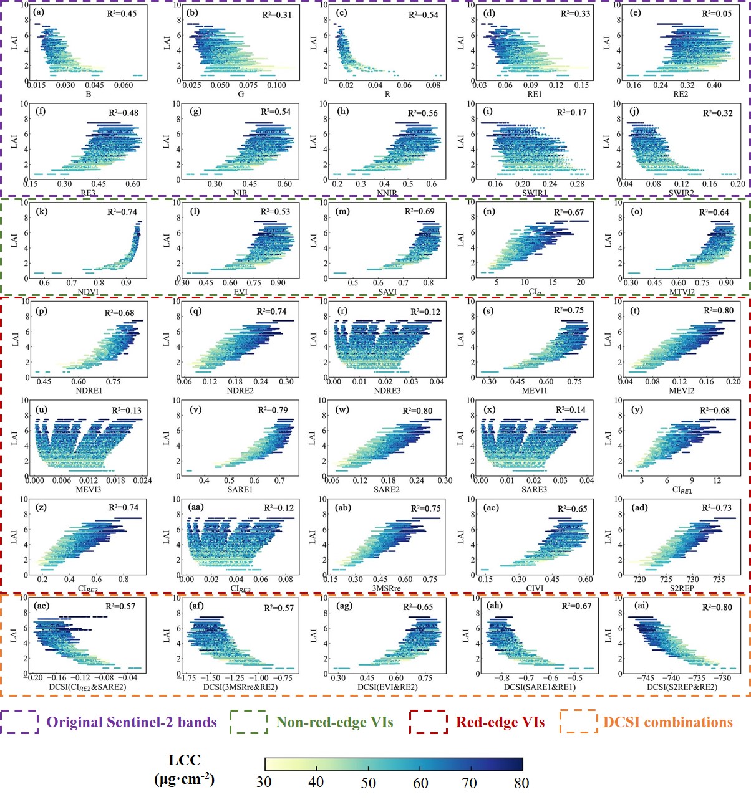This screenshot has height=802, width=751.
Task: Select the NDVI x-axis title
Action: pos(88,292)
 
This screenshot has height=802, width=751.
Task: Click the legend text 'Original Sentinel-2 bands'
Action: pos(132,723)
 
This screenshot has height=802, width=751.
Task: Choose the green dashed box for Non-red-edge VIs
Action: pos(248,723)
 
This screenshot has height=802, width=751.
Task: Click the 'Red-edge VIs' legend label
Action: pos(500,723)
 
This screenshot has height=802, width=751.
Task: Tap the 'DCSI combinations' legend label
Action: pos(667,723)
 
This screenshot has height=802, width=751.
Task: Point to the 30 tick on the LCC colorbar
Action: pos(264,782)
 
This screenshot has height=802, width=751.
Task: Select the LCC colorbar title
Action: pos(184,770)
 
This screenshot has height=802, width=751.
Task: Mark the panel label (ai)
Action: pos(640,606)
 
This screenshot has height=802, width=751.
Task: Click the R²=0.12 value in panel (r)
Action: pos(425,312)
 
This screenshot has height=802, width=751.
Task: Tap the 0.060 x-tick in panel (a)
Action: pos(124,85)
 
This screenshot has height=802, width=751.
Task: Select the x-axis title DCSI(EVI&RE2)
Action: pos(387,687)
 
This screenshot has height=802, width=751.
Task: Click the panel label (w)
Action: pos(342,410)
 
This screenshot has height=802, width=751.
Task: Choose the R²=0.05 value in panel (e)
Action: pos(717,14)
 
